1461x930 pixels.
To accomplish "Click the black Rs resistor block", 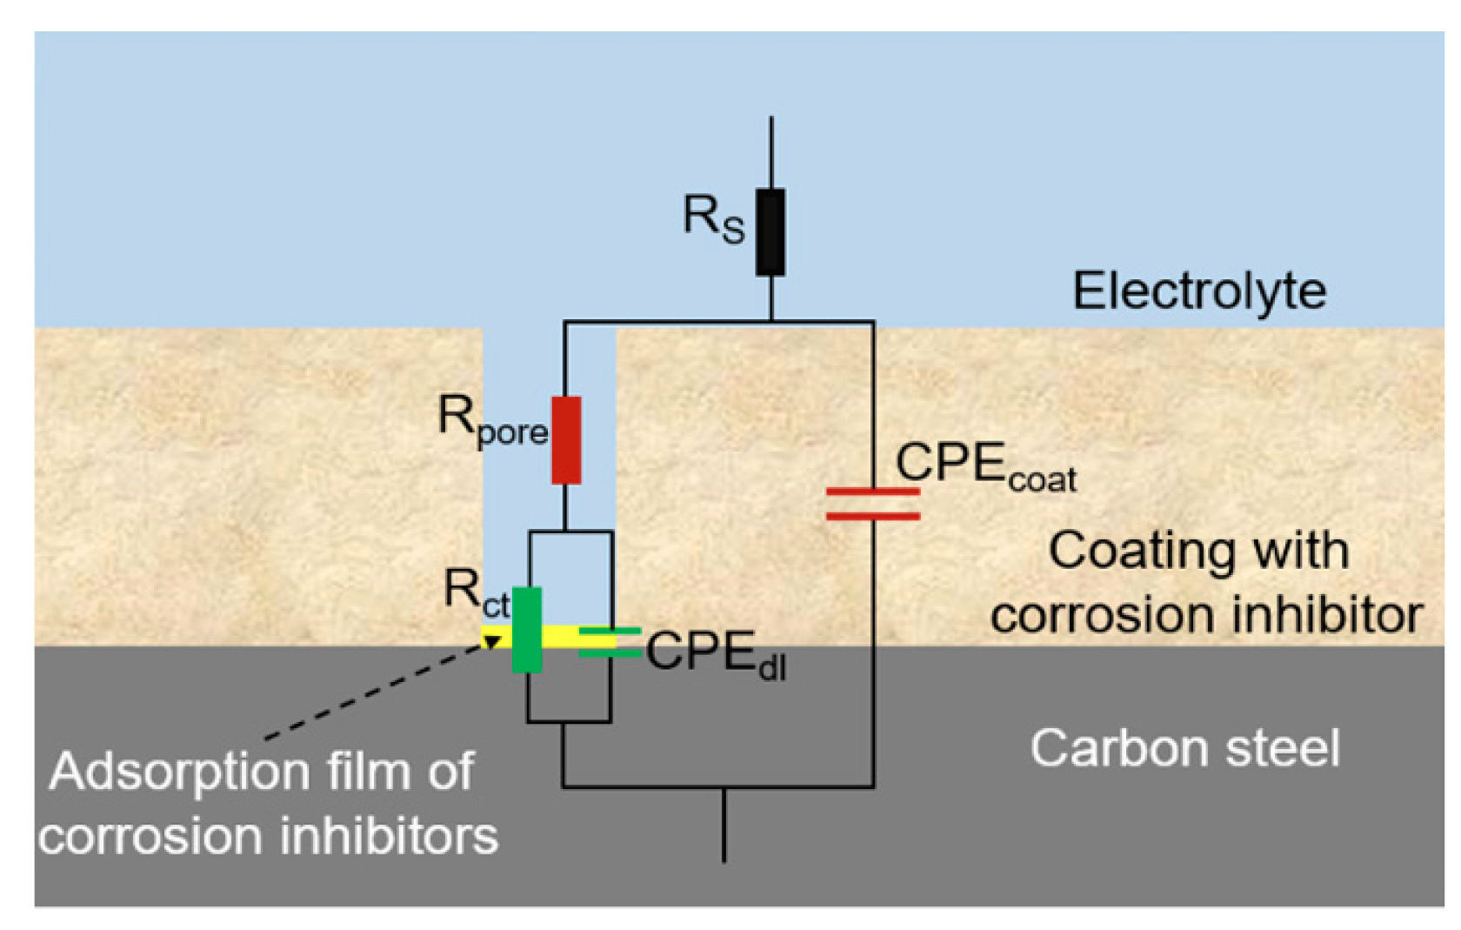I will click(x=770, y=232).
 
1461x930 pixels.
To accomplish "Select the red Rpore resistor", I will click(x=566, y=440).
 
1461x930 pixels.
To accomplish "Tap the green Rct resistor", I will click(x=526, y=630).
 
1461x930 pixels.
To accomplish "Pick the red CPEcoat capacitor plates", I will click(x=872, y=505).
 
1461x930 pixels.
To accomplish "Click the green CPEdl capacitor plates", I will click(x=609, y=642).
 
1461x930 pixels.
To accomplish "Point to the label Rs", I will click(x=713, y=217).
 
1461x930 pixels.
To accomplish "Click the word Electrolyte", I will click(x=1199, y=291).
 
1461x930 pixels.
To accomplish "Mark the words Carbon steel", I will click(x=1184, y=748).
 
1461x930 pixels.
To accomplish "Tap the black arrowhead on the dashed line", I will click(x=491, y=642).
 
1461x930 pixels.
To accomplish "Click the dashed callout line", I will click(x=374, y=692).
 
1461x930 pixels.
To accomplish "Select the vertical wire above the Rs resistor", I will click(x=771, y=152).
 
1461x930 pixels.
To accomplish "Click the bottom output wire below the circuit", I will click(x=724, y=826).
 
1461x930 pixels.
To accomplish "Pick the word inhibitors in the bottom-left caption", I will click(x=389, y=836).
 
